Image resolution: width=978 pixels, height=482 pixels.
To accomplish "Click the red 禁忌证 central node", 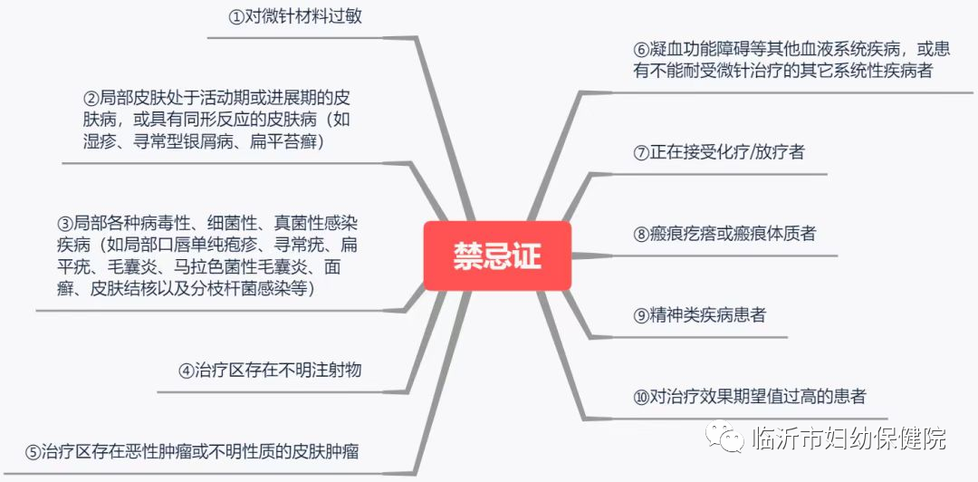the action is click(497, 255).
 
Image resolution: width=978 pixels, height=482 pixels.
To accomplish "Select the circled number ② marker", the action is click(90, 98).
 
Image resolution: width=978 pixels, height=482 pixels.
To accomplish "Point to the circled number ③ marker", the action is click(64, 223).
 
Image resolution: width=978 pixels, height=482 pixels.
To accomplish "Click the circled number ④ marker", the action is click(186, 370).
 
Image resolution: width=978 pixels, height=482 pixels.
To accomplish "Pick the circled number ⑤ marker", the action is click(33, 451).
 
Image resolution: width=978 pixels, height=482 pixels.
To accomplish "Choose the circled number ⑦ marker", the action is click(641, 152).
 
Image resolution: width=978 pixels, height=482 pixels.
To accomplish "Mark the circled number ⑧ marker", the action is click(641, 234).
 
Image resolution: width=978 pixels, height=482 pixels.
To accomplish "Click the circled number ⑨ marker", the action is click(641, 315).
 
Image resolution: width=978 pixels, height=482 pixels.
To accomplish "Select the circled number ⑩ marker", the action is click(641, 396).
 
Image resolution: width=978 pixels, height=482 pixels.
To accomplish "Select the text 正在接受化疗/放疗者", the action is click(726, 152).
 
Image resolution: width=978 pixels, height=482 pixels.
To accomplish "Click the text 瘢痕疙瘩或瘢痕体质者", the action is click(732, 234).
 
